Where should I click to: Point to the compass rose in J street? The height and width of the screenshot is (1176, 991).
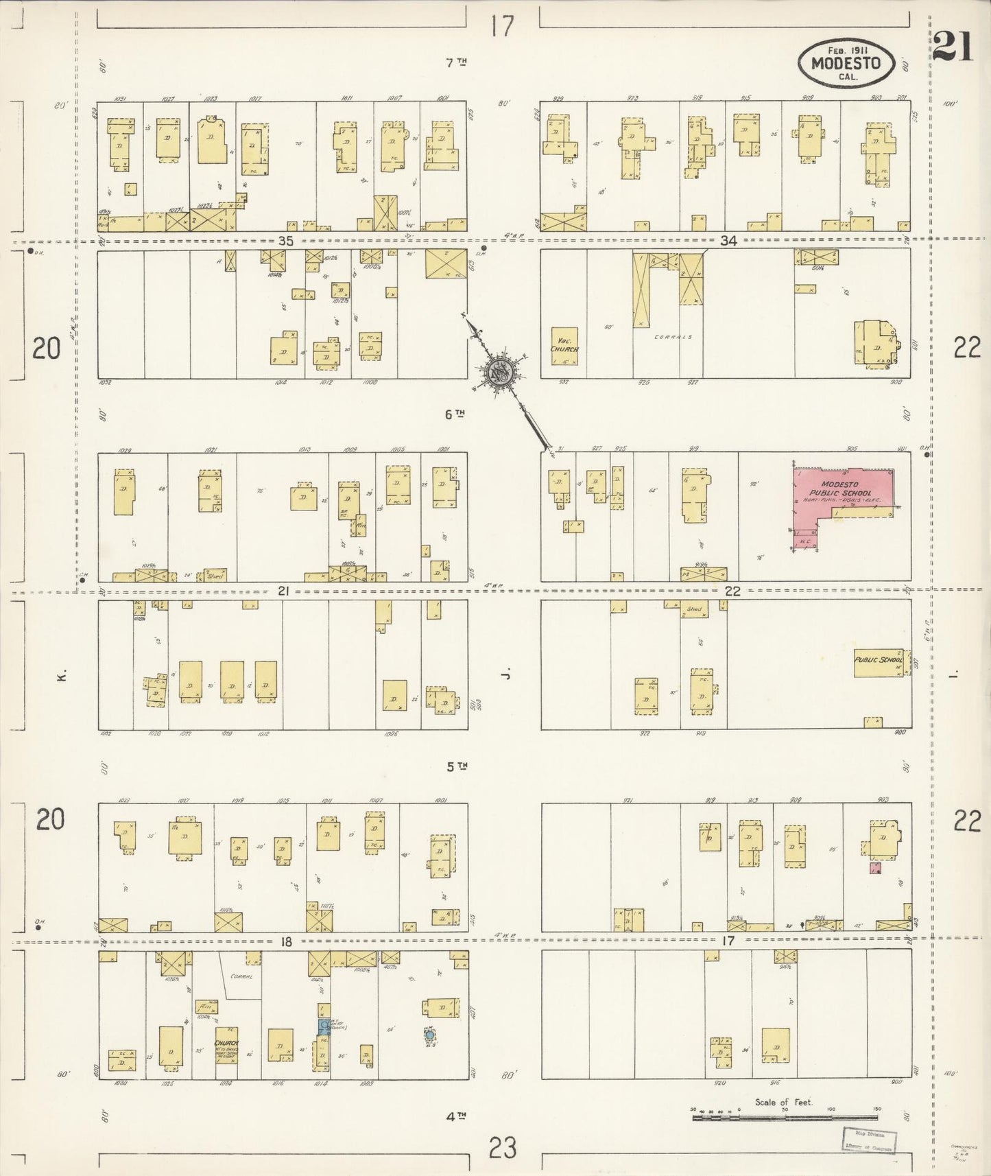pos(499,373)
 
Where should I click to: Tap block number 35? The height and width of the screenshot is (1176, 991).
pos(286,241)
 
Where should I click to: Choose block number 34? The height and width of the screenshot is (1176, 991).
pos(728,241)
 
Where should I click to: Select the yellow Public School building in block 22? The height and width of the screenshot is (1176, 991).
pos(879,661)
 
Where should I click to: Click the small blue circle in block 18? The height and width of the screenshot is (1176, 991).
pos(430,1034)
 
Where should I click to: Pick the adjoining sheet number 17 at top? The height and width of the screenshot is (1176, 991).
pos(502,26)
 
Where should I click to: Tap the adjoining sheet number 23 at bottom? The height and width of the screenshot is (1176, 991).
pos(502,1147)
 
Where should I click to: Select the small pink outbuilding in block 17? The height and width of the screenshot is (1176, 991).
pos(874,869)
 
